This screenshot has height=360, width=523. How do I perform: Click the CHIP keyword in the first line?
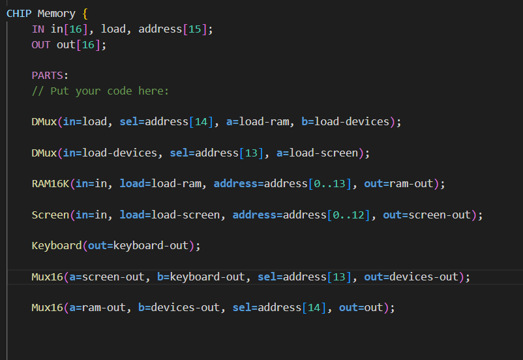pos(19,13)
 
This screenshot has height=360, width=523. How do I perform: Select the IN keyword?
pos(38,29)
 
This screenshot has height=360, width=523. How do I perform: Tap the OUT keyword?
pos(41,45)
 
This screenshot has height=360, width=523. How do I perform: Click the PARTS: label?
pos(50,76)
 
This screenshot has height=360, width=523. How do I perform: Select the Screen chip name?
pos(50,215)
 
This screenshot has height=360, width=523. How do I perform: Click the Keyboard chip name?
pos(57,246)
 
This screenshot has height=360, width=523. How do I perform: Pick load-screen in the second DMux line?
pos(323,153)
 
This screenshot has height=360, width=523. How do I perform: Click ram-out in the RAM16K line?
pos(411,184)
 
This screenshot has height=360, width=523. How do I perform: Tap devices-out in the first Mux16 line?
pos(424,277)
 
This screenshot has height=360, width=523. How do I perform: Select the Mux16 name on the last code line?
pos(47,307)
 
